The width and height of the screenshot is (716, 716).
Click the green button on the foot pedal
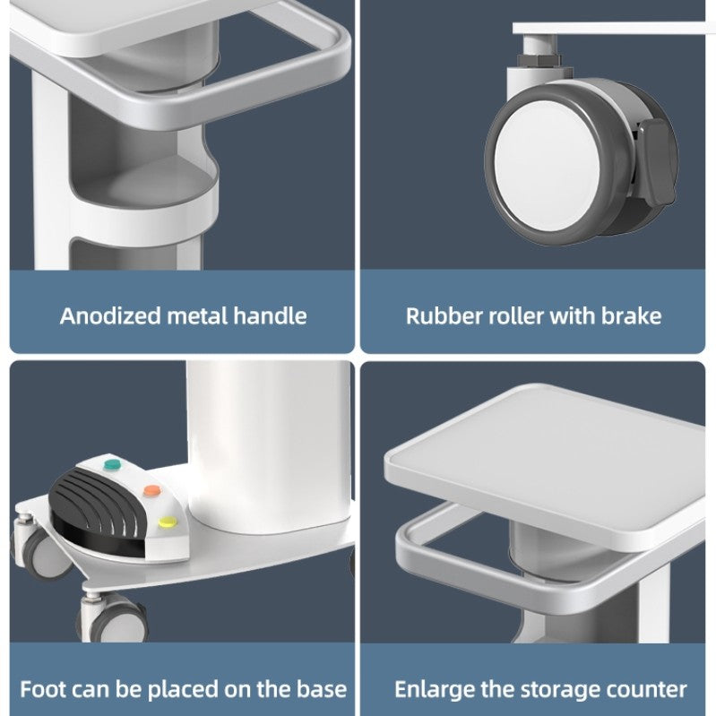pos(112,465)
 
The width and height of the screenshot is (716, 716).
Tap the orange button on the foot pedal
pos(152,491)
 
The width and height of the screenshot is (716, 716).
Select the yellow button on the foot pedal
pos(168,522)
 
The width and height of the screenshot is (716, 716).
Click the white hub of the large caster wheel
pos(546,165)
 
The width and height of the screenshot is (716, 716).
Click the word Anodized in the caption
pos(110,316)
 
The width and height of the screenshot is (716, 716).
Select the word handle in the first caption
pos(270,316)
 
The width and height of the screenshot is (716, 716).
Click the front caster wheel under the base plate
pos(115,617)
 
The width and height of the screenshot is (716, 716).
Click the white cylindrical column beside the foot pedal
pos(270,447)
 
